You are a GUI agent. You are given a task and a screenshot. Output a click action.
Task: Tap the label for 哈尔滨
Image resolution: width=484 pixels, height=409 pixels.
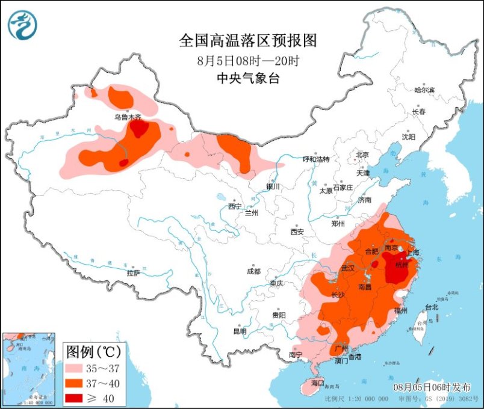point(424,90)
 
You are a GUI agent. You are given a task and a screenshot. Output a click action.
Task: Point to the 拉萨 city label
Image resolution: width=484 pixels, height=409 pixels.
point(133,273)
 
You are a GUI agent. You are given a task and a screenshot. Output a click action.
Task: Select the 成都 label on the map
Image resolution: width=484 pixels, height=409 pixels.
point(253,271)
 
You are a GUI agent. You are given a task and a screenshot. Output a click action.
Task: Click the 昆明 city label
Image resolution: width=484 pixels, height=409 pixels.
point(240,331)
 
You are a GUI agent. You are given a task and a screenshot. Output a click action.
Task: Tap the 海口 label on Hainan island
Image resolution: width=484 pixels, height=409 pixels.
point(317,383)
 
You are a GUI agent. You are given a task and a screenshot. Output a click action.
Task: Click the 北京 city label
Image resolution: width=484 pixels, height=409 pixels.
point(362,155)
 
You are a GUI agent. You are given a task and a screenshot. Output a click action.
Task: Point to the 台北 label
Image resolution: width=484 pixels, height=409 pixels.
point(432,307)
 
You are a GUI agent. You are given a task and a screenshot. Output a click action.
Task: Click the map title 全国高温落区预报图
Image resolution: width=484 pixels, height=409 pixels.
point(248,41)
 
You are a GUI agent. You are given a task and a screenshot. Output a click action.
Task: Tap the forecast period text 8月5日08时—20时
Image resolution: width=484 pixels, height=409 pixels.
point(248,60)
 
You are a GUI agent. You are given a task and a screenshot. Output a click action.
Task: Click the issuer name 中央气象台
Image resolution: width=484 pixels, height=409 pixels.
point(248,78)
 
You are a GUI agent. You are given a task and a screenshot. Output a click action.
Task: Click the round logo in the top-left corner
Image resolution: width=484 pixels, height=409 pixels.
point(22,25)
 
